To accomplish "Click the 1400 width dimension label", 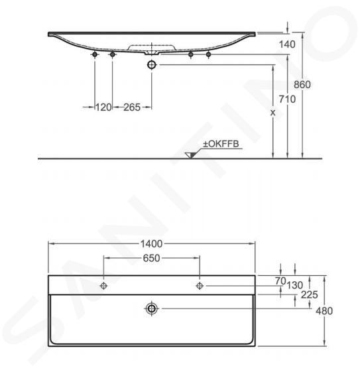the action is (x=151, y=244).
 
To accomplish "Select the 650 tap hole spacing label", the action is (x=152, y=259).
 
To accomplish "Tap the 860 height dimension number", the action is (x=302, y=85).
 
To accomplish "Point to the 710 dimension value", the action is (x=288, y=99).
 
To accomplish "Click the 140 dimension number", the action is (x=287, y=44).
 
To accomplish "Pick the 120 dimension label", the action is (x=103, y=107).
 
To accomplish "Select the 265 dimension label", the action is (x=132, y=107).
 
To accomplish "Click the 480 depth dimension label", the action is (x=324, y=311).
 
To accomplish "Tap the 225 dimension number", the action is (x=310, y=295).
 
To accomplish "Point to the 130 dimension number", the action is (x=295, y=285).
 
